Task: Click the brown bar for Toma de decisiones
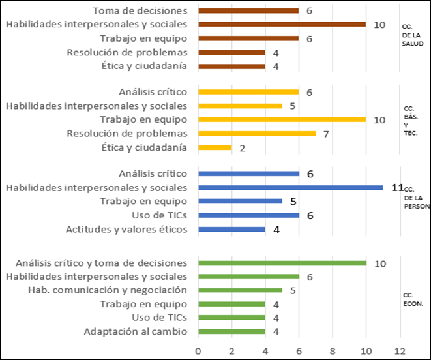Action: point(248,10)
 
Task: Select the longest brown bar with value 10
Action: point(282,24)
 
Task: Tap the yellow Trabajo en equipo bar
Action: point(282,119)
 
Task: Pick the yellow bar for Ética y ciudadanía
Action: point(215,147)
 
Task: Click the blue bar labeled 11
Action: point(290,187)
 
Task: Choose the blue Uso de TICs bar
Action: point(248,215)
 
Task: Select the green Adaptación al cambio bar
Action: point(231,331)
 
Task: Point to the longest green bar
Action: point(282,263)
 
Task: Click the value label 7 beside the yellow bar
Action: point(326,134)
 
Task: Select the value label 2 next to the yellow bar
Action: point(242,148)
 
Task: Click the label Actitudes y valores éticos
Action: point(126,229)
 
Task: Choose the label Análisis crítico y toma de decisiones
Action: point(100,262)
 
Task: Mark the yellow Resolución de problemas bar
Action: point(257,134)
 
